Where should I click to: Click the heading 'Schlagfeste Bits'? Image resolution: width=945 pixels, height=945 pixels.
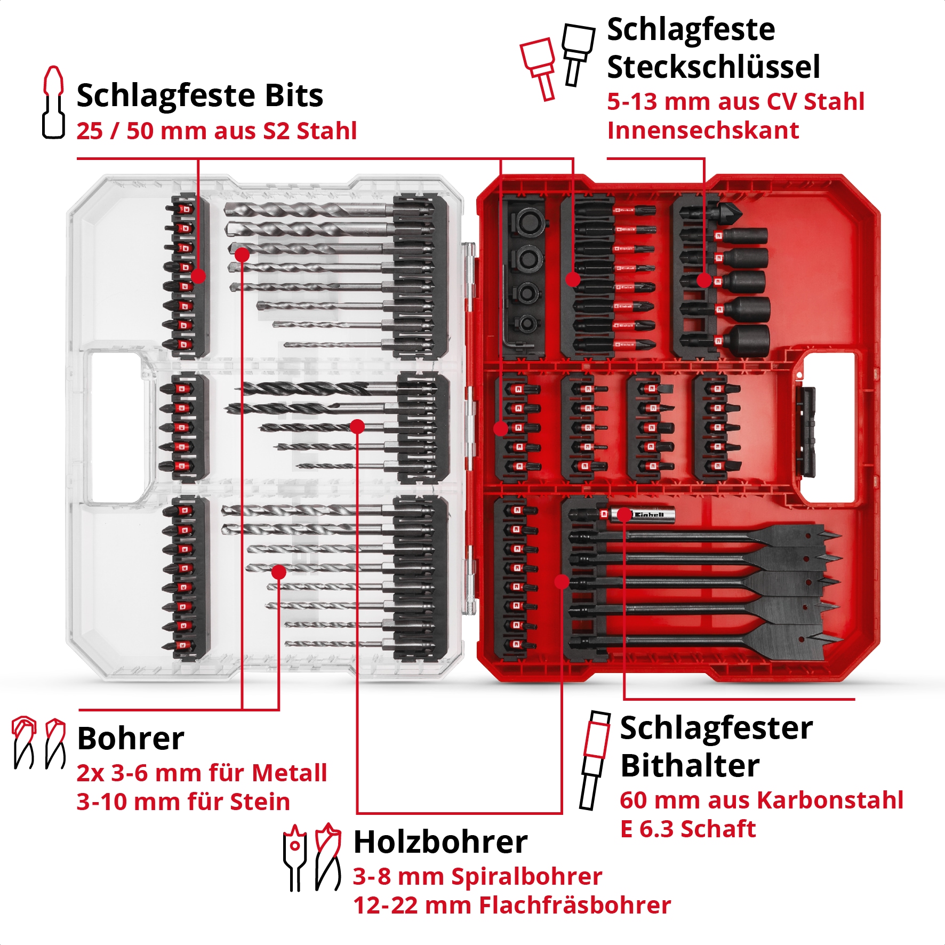click(200, 96)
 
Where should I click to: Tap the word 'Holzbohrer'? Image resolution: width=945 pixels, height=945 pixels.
click(441, 842)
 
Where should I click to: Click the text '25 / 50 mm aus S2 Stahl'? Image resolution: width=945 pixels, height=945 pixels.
click(217, 131)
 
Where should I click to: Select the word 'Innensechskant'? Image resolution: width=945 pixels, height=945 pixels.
click(703, 131)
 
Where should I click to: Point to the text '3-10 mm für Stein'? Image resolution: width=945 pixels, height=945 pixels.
click(183, 802)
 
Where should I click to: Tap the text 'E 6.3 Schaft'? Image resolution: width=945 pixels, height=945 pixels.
click(688, 829)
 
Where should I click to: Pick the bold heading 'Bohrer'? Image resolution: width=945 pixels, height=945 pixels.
click(131, 739)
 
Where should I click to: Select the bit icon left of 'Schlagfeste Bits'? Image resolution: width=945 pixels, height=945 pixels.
click(53, 102)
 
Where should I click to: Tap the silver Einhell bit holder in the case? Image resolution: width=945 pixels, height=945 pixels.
click(645, 515)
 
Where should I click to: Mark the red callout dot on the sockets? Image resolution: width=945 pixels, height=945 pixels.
click(704, 281)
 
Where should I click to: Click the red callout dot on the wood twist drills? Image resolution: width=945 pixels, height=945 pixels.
click(357, 426)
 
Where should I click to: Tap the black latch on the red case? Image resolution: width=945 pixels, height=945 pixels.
click(806, 432)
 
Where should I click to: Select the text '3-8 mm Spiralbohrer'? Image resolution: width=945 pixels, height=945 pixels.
click(477, 876)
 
